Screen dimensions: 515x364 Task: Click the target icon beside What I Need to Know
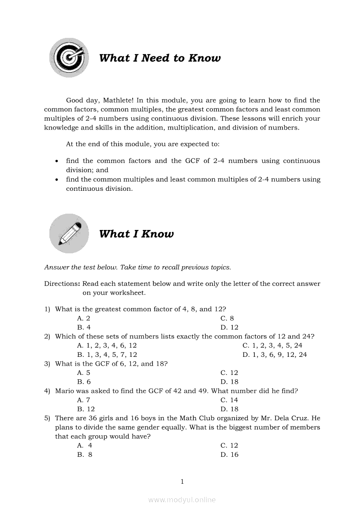[x=69, y=58]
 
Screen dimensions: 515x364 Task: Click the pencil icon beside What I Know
[x=69, y=233]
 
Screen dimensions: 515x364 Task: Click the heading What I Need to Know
[x=160, y=58]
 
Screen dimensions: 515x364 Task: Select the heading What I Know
[x=136, y=234]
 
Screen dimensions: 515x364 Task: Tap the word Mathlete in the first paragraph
[x=117, y=100]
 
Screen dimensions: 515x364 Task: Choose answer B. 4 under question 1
[x=84, y=327]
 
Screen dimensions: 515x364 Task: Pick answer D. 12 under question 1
[x=229, y=327]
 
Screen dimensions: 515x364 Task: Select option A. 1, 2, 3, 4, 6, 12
[x=107, y=345]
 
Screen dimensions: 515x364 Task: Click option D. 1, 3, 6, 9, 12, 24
[x=275, y=355]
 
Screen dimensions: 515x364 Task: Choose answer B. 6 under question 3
[x=84, y=382]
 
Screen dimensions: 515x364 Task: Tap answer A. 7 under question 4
[x=84, y=400]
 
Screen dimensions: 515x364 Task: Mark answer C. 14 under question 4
[x=229, y=400]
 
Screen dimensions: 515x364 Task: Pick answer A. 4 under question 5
[x=84, y=445]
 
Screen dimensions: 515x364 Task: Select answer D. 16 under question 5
[x=229, y=455]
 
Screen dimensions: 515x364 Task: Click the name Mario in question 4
[x=64, y=391]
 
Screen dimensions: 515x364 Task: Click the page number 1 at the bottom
[x=182, y=482]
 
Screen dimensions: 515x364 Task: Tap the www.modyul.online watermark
[x=182, y=500]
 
